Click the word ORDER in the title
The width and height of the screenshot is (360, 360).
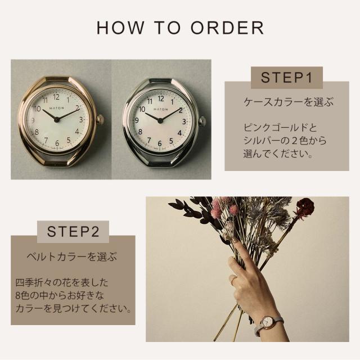pos(227,28)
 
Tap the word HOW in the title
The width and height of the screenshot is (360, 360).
pos(120,28)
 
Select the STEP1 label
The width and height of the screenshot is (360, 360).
pos(287,78)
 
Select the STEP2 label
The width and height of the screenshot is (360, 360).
pos(73,231)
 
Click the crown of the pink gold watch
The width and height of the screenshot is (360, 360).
pos(100,120)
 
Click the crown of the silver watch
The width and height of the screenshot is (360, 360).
pos(202,121)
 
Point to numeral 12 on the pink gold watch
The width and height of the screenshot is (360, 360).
pos(56,97)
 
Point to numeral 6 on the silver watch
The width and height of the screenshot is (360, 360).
pos(160,144)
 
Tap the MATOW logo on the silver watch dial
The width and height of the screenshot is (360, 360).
pos(161,110)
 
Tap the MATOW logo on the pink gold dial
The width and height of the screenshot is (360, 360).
pos(57,108)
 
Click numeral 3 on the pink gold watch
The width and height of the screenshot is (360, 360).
pos(81,120)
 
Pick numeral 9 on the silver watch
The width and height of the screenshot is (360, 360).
pos(137,120)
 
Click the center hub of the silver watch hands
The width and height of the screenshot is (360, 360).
pos(160,120)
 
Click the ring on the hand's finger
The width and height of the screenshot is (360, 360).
pos(234,279)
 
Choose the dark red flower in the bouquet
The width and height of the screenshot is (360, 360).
pos(305,205)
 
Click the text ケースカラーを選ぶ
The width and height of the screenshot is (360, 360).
pos(289,102)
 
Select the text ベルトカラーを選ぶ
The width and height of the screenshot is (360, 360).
pos(72,256)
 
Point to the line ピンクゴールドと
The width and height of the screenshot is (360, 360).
pos(280,128)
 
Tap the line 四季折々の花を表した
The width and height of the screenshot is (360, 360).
pos(61,282)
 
